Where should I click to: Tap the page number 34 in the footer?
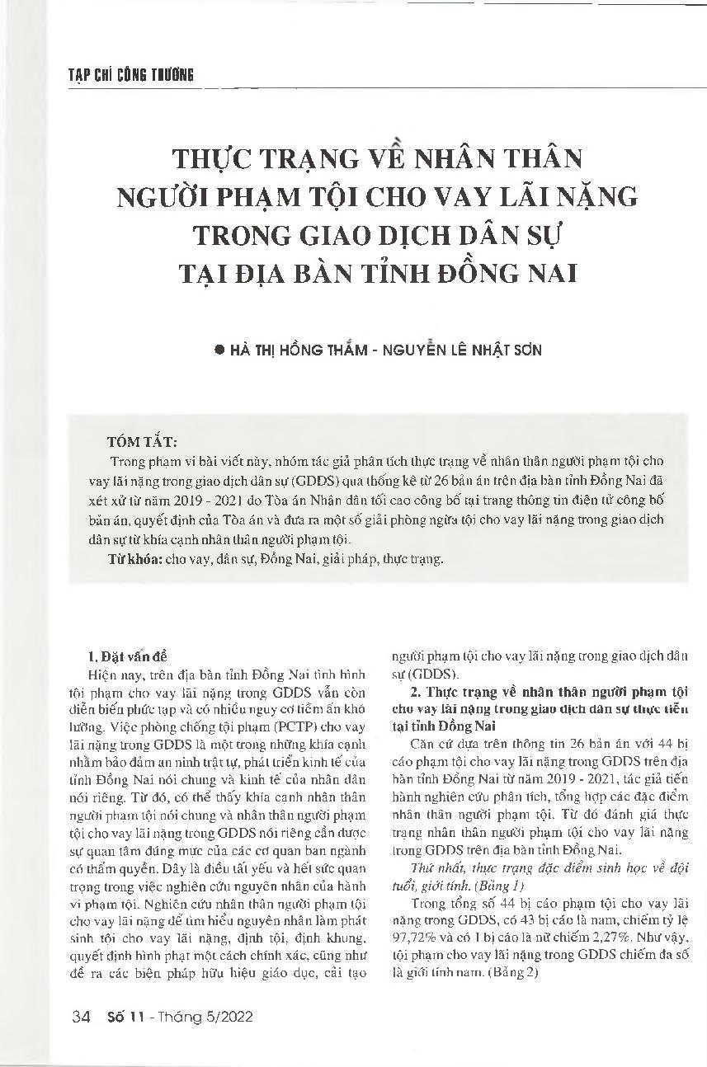(x=81, y=1017)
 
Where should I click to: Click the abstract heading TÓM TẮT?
(x=141, y=441)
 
